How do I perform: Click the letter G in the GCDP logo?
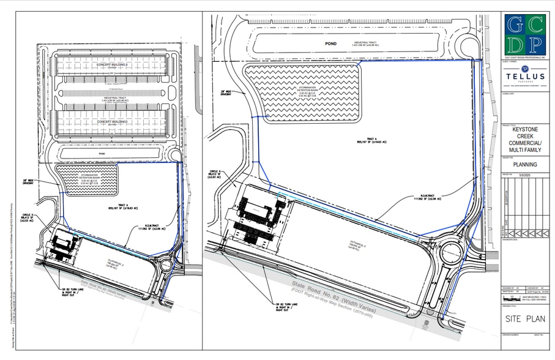[x=515, y=24]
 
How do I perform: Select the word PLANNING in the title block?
[x=524, y=165]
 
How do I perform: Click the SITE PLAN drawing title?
[x=523, y=319]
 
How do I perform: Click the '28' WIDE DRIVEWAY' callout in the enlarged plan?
[x=228, y=93]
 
